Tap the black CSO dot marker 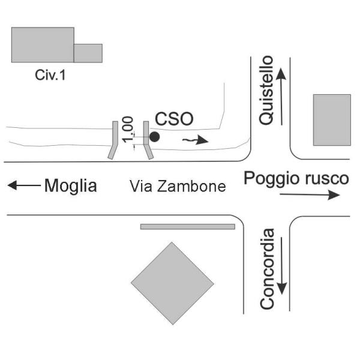pos(154,137)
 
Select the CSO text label pos(174,119)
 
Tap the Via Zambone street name pos(178,187)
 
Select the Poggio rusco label pos(296,178)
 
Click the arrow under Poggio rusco pos(309,195)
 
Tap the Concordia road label pos(268,269)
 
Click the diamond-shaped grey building pos(172,283)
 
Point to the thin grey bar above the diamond pos(187,227)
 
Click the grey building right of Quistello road pos(332,119)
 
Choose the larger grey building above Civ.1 pos(43,44)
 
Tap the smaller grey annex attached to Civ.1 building pos(88,53)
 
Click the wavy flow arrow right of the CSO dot pos(196,141)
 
